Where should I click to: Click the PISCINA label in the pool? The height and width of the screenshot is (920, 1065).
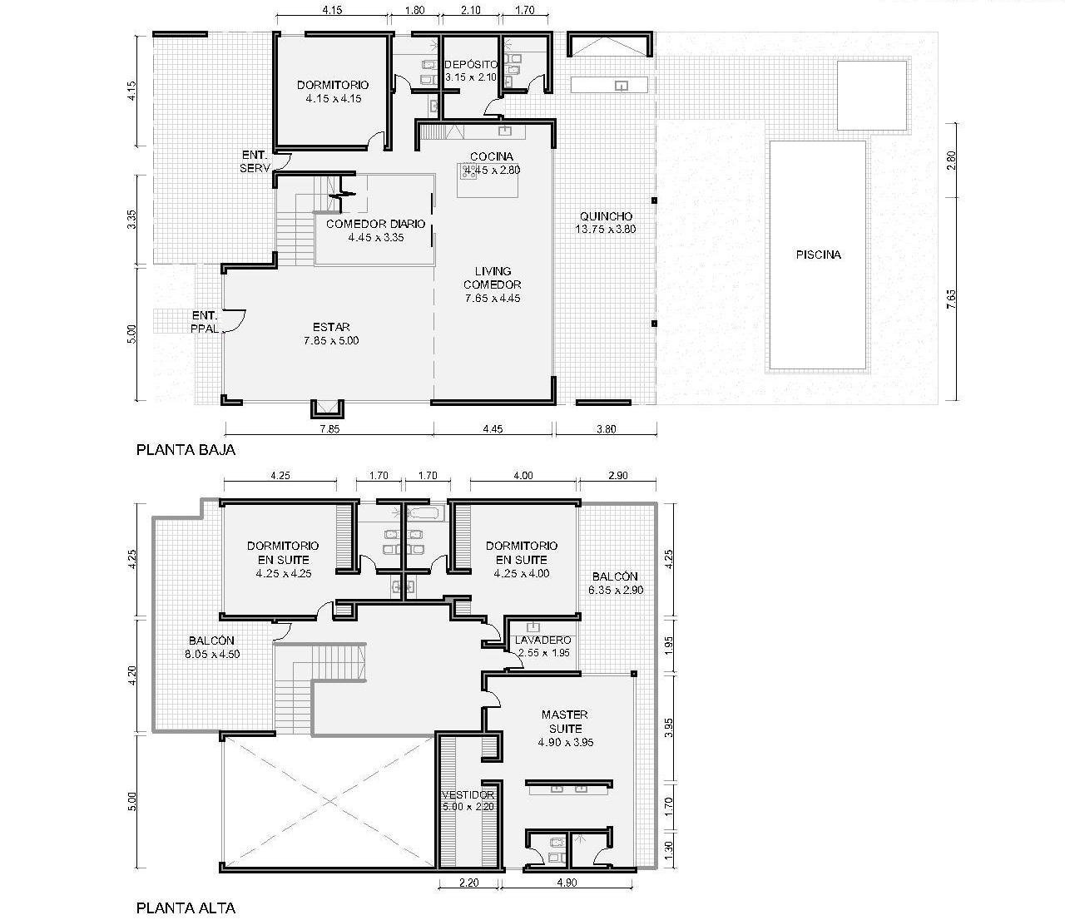(818, 255)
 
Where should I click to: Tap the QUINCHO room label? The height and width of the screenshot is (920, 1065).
(606, 216)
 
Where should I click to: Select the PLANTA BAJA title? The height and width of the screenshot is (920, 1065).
(186, 450)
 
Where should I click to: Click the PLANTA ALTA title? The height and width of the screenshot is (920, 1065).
(186, 908)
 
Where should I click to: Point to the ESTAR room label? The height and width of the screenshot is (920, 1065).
(331, 327)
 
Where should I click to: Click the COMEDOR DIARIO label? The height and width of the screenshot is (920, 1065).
(375, 224)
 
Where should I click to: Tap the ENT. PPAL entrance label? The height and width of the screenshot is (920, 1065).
(205, 322)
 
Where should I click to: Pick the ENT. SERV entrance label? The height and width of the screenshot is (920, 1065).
(255, 161)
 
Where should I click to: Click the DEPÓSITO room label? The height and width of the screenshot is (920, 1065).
(472, 64)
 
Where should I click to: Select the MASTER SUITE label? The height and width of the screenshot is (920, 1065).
(565, 722)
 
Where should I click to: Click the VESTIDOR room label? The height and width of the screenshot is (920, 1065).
(468, 795)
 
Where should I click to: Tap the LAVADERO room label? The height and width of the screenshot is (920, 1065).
(543, 640)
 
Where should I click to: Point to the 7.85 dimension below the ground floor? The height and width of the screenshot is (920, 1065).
(329, 428)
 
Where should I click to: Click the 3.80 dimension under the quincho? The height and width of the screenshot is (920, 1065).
(607, 428)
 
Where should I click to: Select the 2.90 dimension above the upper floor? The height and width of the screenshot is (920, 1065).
(617, 475)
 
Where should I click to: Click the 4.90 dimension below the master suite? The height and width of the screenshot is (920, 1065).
(567, 883)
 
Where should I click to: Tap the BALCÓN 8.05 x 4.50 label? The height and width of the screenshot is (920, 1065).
(212, 647)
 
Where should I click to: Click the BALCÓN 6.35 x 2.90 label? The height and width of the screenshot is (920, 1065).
(616, 583)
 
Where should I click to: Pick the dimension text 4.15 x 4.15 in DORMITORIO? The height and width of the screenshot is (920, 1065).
(334, 98)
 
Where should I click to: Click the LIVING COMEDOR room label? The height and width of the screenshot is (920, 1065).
(493, 278)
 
